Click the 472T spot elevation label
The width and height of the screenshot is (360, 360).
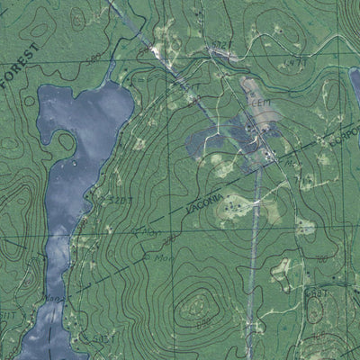click(x=221, y=42)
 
